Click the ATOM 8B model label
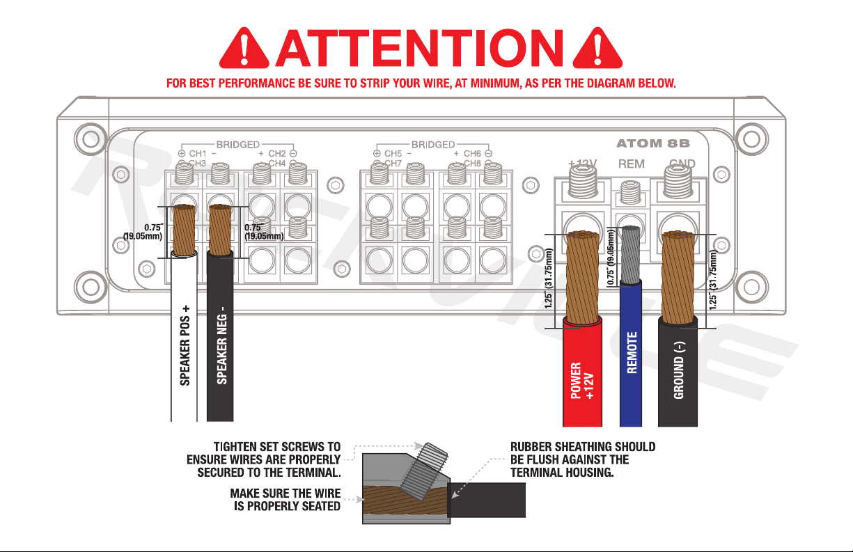tap(653, 144)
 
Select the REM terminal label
tap(632, 164)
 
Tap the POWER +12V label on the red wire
tap(582, 379)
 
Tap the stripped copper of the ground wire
tap(678, 278)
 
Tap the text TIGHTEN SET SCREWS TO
tap(276, 446)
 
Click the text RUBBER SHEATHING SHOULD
tap(583, 446)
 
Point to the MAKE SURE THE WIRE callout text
tap(285, 493)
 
